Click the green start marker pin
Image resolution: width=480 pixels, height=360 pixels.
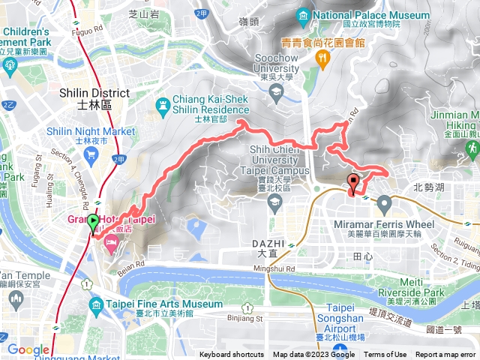coord(92,223)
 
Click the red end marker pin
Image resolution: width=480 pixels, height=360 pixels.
coord(353,182)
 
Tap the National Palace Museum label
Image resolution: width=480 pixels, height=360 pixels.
coord(370,14)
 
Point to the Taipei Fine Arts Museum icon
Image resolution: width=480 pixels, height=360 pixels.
coord(95,304)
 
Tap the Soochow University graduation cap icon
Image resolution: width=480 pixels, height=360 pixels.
coord(276,94)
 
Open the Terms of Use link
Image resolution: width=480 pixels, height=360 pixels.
coord(385,355)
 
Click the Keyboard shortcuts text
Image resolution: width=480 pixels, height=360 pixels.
coord(232,355)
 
